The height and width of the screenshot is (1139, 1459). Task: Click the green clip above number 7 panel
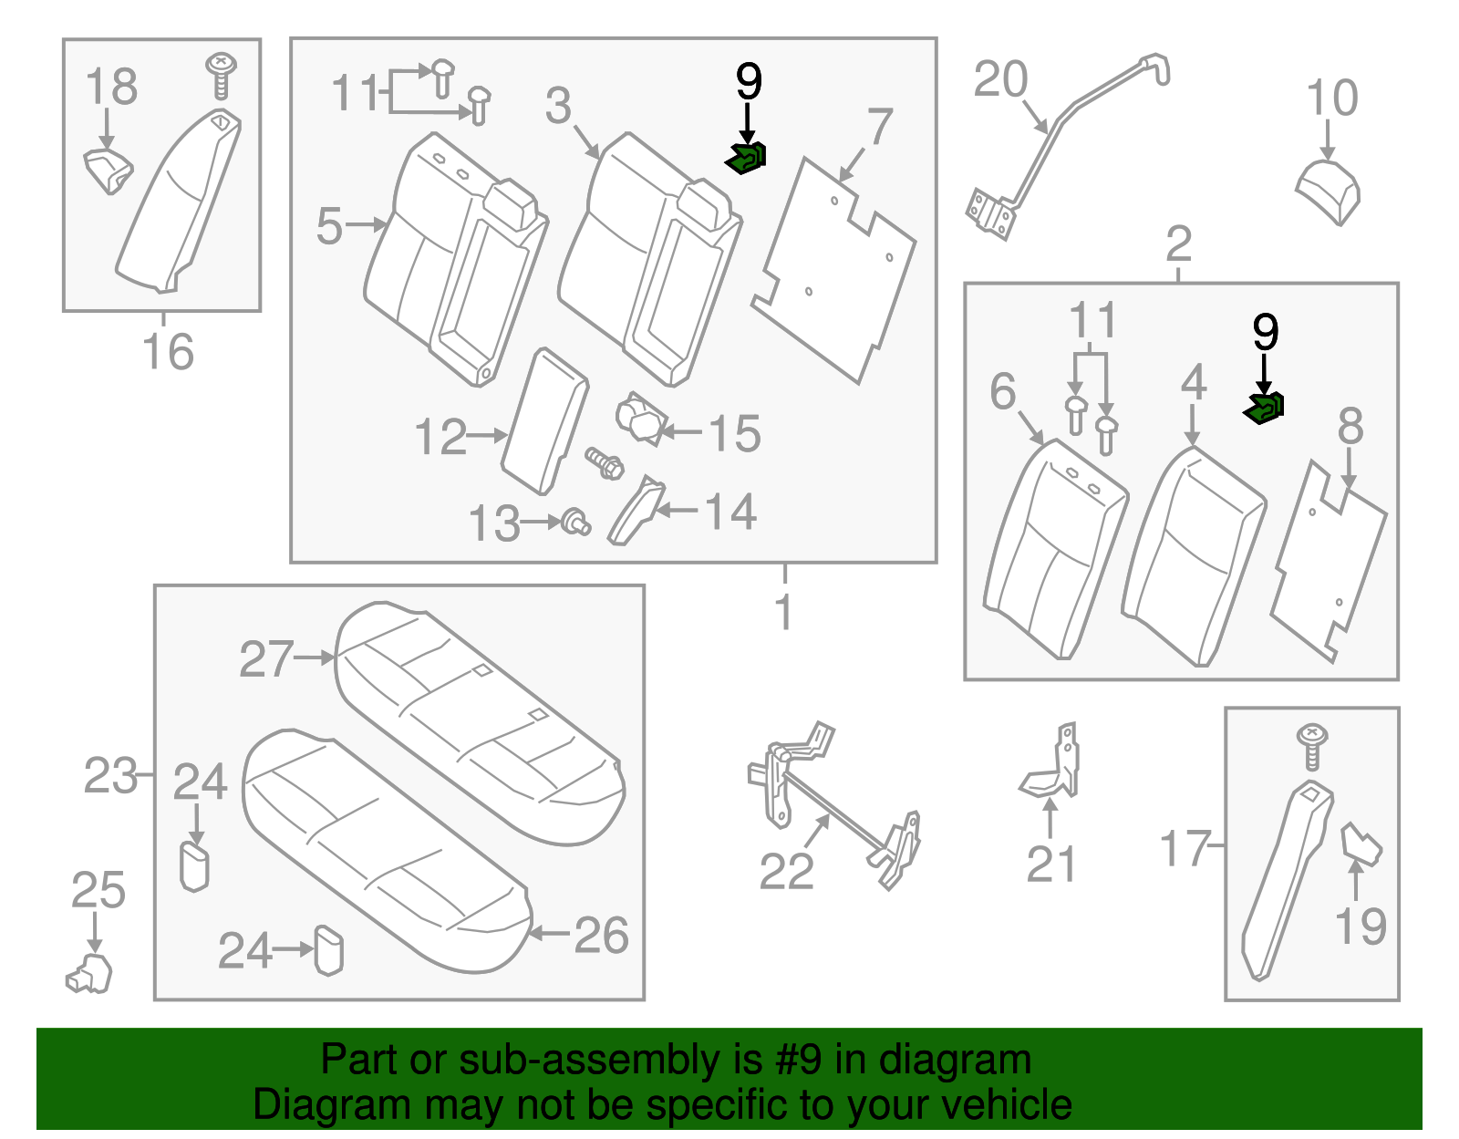click(x=746, y=159)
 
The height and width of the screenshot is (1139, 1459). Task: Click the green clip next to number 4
click(x=1264, y=408)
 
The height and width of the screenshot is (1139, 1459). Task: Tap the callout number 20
click(x=1000, y=80)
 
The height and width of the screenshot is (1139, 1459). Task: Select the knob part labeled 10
click(x=1329, y=190)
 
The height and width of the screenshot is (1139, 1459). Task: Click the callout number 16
click(x=168, y=352)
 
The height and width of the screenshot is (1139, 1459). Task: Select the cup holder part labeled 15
click(x=640, y=419)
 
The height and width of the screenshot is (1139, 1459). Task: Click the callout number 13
click(x=493, y=524)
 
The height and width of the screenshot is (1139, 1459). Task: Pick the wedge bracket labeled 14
click(x=636, y=512)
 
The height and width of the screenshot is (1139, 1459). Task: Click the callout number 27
click(x=265, y=659)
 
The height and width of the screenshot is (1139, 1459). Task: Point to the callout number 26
click(x=602, y=936)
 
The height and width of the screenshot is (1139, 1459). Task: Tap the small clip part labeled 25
click(x=89, y=973)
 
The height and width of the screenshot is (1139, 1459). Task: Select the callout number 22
click(x=786, y=872)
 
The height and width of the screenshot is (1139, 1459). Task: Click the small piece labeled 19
click(x=1360, y=844)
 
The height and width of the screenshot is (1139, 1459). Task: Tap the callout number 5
click(x=329, y=225)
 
